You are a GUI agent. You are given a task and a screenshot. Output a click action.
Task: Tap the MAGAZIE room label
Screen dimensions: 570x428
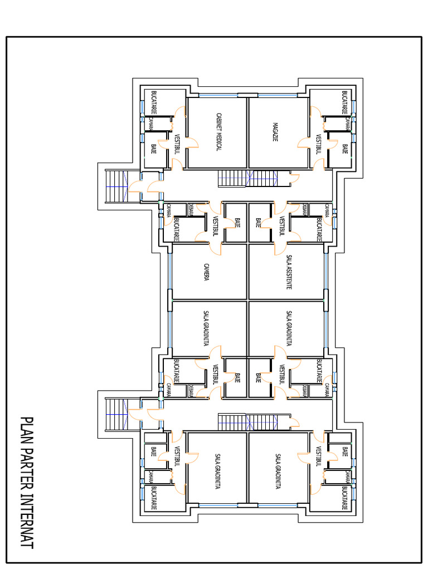coord(275,131)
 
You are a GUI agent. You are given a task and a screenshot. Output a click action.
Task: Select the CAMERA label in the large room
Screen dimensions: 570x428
coord(207,272)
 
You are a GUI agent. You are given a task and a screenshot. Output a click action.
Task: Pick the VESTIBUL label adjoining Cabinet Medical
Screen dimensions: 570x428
coord(177,144)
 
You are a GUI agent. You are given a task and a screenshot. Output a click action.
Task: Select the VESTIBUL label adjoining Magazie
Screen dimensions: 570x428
coord(319,144)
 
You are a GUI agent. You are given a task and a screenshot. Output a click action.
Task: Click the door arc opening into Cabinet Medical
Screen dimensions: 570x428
coord(193,143)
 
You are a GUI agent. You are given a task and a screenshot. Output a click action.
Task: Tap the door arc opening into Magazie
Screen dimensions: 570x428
coord(304,143)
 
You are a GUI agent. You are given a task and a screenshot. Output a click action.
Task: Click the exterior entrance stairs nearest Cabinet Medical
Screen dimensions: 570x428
coord(117,186)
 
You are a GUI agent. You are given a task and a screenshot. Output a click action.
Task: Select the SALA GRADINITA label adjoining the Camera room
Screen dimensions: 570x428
coord(207,328)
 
